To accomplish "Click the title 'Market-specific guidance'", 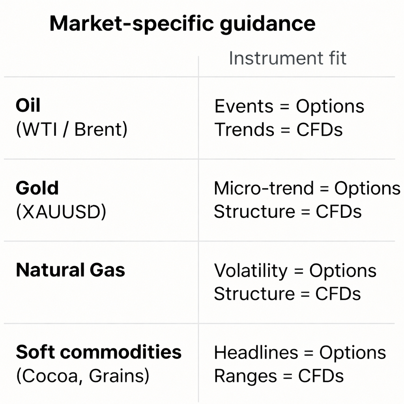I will (182, 24).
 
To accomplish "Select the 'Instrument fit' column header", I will (287, 58).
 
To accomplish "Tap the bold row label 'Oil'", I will (28, 106).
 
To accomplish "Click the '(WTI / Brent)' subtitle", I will (71, 130).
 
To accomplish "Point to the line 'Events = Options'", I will (289, 107).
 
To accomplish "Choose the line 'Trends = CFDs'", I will (279, 130).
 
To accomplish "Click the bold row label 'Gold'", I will (37, 188).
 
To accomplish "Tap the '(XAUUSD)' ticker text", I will (61, 212).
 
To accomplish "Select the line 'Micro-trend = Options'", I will (307, 189).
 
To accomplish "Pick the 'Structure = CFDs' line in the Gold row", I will (288, 212).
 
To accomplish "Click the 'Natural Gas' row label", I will (70, 270).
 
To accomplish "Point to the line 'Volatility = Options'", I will (295, 271).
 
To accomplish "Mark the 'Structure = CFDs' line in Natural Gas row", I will (287, 294).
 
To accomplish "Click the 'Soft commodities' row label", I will (99, 352).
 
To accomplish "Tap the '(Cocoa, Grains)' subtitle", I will (82, 376).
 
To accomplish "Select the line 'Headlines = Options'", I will (300, 353).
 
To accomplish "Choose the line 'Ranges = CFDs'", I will (279, 376).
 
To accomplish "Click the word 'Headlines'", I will (256, 353).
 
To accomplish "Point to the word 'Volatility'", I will (251, 271).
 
